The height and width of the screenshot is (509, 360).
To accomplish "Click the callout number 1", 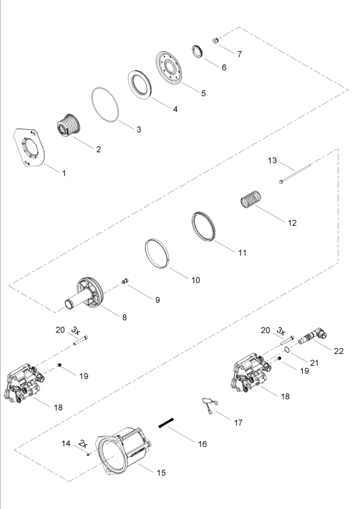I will click(64, 173).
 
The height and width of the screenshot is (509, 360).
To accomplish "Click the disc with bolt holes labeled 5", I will click(173, 69).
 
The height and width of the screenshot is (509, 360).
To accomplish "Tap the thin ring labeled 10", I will click(161, 254).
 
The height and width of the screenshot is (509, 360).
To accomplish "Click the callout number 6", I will click(224, 68).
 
